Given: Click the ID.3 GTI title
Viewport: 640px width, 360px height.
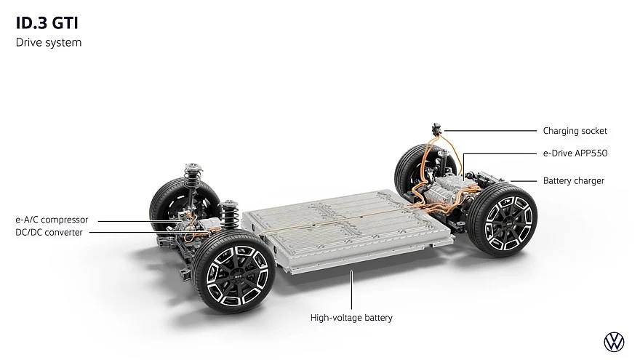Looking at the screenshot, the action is [47, 23].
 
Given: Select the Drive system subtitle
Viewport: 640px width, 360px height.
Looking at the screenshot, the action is [49, 42].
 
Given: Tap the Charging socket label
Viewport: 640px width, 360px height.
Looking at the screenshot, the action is [575, 131].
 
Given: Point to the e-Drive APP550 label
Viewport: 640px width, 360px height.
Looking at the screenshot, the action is [575, 153].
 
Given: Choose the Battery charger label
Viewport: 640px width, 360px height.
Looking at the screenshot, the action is [574, 181].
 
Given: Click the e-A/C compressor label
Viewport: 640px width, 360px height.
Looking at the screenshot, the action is [52, 220].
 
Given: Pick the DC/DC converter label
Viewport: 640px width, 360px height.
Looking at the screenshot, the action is [49, 232].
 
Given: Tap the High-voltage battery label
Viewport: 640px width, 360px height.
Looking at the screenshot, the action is [351, 318].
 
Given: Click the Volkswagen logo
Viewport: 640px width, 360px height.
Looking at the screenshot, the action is [614, 342].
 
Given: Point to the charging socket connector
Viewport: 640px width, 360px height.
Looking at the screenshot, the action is [437, 129].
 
